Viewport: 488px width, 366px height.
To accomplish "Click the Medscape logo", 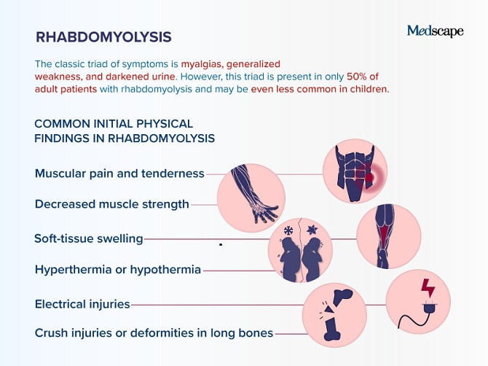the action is [435, 31].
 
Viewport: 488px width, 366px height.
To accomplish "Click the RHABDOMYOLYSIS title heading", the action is [103, 37].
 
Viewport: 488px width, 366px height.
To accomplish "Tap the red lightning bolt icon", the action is [428, 288].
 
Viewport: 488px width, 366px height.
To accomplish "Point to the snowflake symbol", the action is [288, 231].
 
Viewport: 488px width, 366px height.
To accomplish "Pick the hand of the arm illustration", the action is [265, 213].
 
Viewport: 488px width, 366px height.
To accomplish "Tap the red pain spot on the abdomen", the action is [369, 178].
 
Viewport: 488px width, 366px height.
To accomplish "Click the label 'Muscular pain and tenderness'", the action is [119, 174].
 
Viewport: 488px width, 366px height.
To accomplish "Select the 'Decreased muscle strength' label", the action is [112, 204].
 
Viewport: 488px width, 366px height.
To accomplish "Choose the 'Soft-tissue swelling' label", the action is [89, 238].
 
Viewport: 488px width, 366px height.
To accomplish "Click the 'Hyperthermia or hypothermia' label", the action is [118, 270].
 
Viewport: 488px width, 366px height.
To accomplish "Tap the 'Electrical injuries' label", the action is [82, 304].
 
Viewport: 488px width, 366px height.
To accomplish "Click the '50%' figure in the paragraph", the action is [357, 77].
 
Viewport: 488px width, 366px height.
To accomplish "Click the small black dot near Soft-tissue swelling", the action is [221, 245].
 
